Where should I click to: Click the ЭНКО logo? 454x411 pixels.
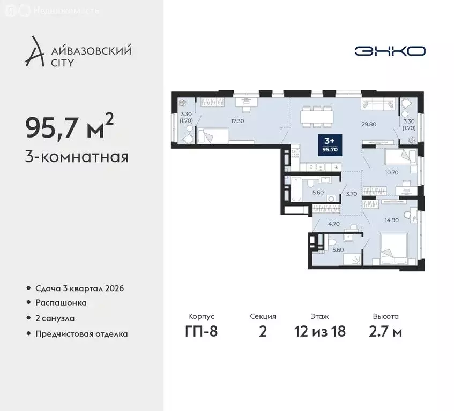pos(390,51)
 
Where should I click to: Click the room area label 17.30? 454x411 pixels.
pos(238,121)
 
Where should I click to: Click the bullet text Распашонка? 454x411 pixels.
pos(61,303)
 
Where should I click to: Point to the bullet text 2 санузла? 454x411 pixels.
pos(55,318)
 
